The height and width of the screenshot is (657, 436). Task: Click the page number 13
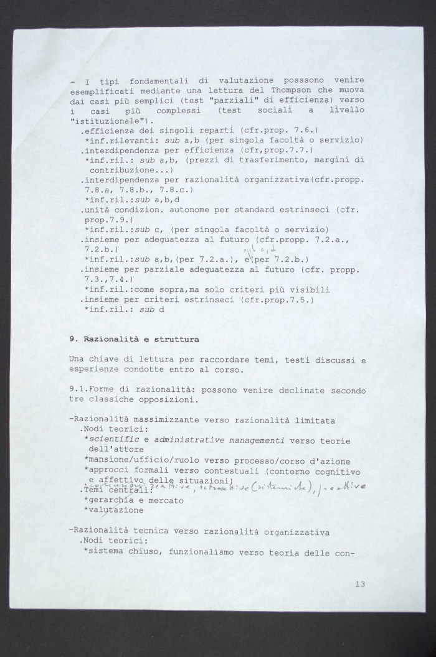360,584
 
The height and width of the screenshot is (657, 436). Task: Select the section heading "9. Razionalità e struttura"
134,340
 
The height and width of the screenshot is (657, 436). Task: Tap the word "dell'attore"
116,450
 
